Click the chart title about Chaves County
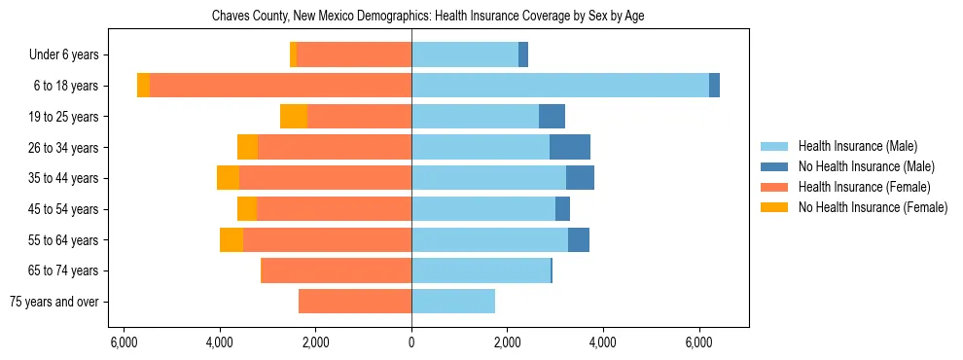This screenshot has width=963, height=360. tap(428, 17)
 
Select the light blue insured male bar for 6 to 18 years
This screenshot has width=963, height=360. tap(560, 86)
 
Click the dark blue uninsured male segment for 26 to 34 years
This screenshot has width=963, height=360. tap(570, 147)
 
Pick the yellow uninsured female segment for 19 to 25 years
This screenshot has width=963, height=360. tap(294, 117)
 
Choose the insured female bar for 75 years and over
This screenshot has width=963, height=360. tap(355, 302)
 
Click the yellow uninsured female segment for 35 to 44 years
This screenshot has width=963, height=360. tap(229, 178)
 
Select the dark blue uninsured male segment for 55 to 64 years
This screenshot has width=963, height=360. tap(579, 239)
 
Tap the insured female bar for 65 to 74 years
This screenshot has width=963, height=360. tap(336, 270)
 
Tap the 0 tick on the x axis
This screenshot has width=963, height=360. tap(411, 342)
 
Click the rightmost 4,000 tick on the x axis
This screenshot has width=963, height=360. tap(603, 342)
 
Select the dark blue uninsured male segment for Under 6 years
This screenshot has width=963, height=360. tap(523, 54)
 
